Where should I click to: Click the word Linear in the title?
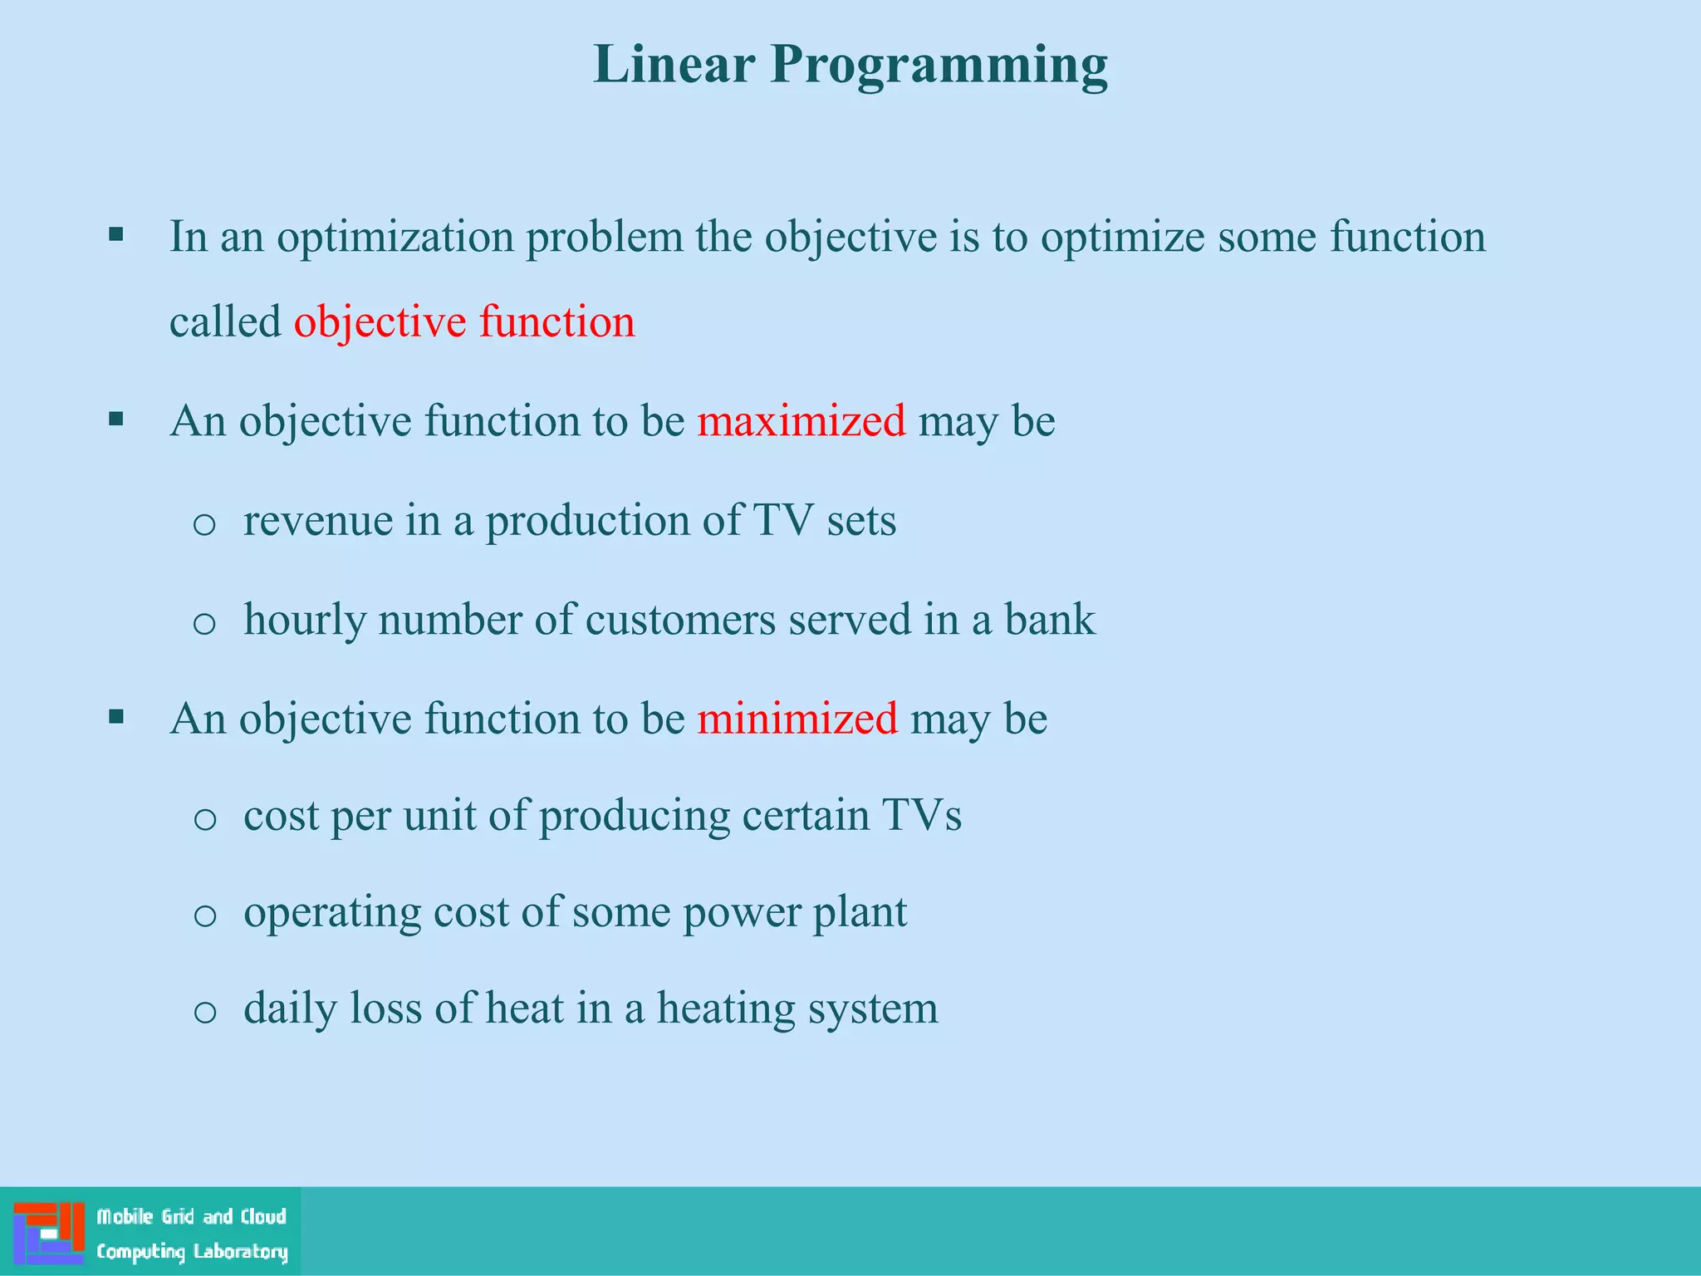coord(674,64)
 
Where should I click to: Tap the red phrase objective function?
coord(464,322)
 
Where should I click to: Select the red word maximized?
coord(801,420)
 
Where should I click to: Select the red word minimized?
coord(797,718)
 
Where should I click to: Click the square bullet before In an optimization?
coord(116,234)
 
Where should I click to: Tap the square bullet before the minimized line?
coord(116,716)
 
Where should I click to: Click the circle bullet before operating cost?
coord(204,916)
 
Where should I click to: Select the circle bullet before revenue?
coord(204,525)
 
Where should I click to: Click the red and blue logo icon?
coord(49,1232)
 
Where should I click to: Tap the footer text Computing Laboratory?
coord(192,1252)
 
